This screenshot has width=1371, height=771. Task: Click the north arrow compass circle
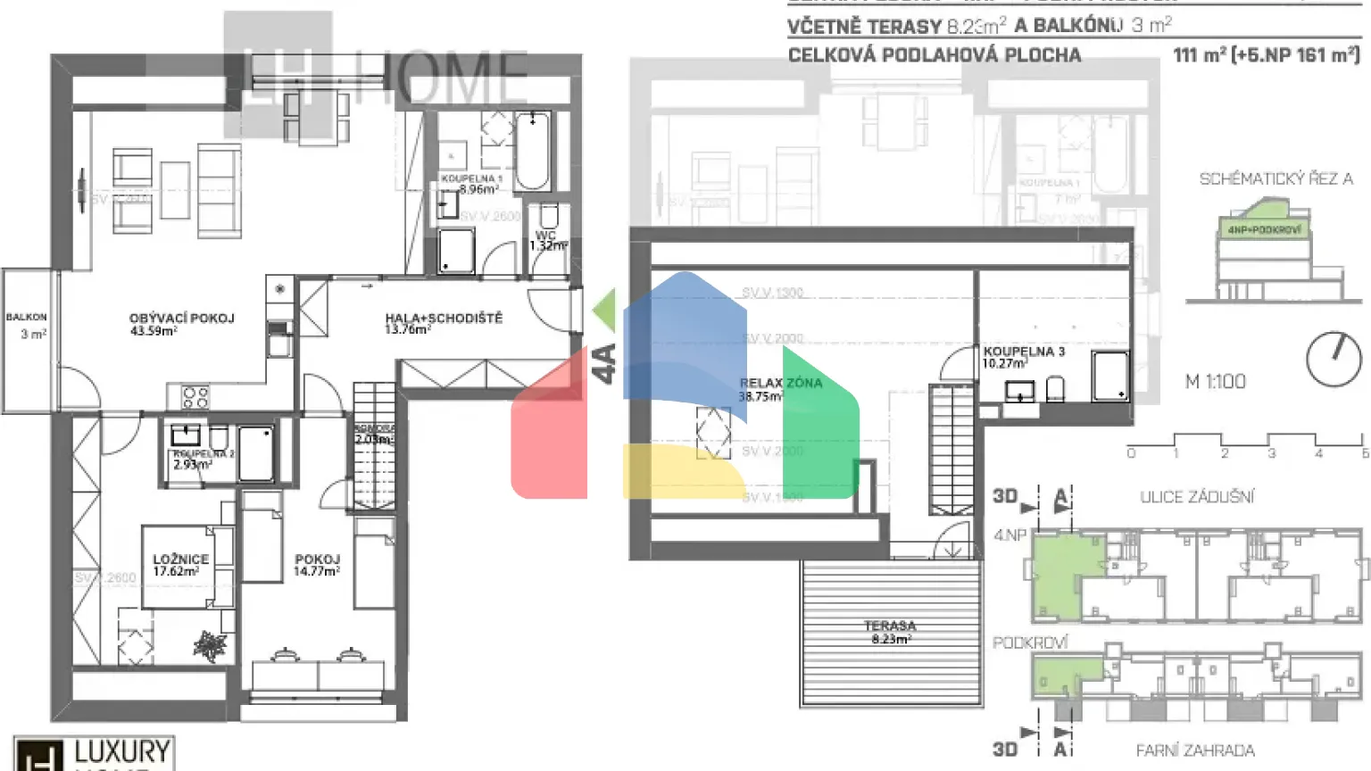click(1334, 360)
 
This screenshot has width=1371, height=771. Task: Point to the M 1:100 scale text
click(1215, 382)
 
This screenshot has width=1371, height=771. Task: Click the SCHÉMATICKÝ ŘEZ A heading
click(1275, 179)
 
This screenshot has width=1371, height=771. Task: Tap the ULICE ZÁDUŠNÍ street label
click(1196, 497)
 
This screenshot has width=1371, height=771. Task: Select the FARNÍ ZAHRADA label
click(1194, 750)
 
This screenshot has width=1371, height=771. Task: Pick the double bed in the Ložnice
click(179, 567)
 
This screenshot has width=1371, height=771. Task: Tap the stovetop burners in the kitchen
click(195, 397)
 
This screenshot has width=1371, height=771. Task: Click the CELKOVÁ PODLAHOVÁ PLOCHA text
click(934, 55)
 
